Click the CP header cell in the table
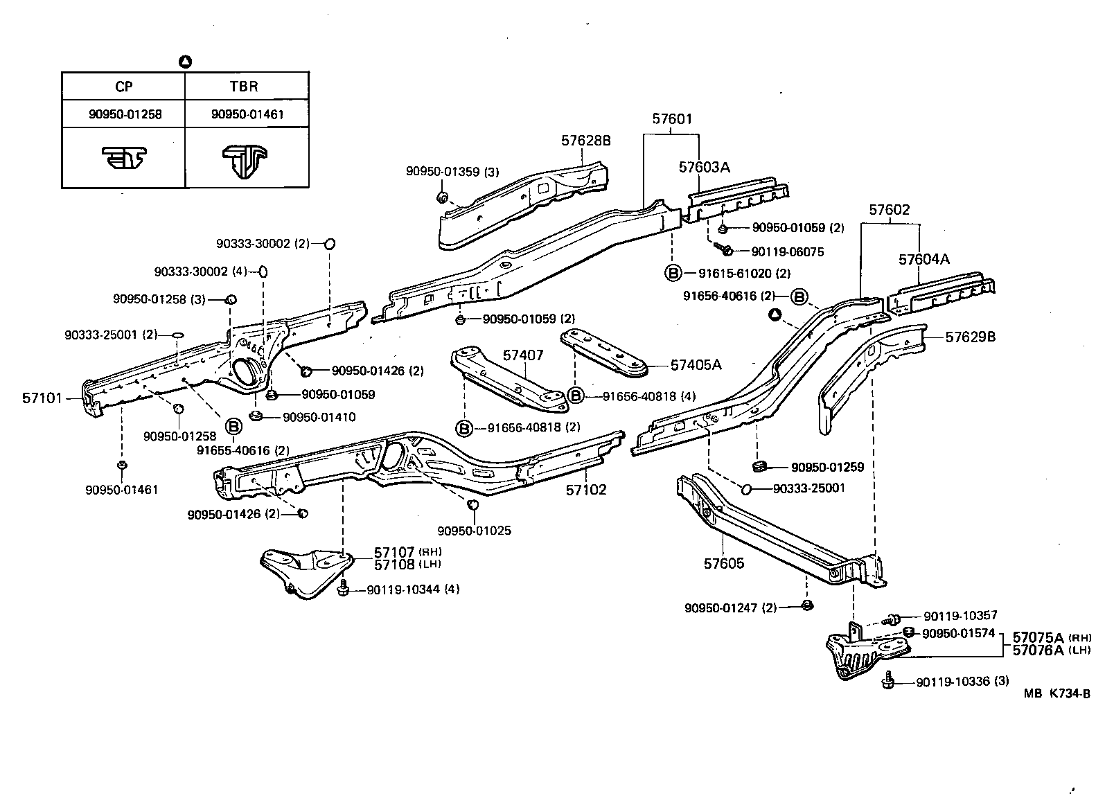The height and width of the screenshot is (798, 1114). pyautogui.click(x=123, y=87)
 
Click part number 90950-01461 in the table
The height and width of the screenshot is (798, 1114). pyautogui.click(x=247, y=114)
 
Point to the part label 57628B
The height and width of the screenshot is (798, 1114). pyautogui.click(x=585, y=141)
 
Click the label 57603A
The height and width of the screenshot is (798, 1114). pyautogui.click(x=704, y=167)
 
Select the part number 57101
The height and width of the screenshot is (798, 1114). pyautogui.click(x=42, y=398)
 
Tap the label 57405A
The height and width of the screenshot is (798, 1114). pyautogui.click(x=696, y=364)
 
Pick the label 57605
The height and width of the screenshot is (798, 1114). pyautogui.click(x=724, y=563)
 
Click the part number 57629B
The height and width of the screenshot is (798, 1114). pyautogui.click(x=971, y=337)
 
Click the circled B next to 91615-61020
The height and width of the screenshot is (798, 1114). pyautogui.click(x=672, y=273)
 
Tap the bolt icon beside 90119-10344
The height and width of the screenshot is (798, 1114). pyautogui.click(x=343, y=589)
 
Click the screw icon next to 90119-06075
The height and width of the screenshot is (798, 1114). pyautogui.click(x=723, y=248)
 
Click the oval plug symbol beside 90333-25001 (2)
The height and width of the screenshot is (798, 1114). pyautogui.click(x=177, y=335)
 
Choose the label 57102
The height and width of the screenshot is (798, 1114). pyautogui.click(x=585, y=490)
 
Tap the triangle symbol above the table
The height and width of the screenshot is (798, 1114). pyautogui.click(x=185, y=62)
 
